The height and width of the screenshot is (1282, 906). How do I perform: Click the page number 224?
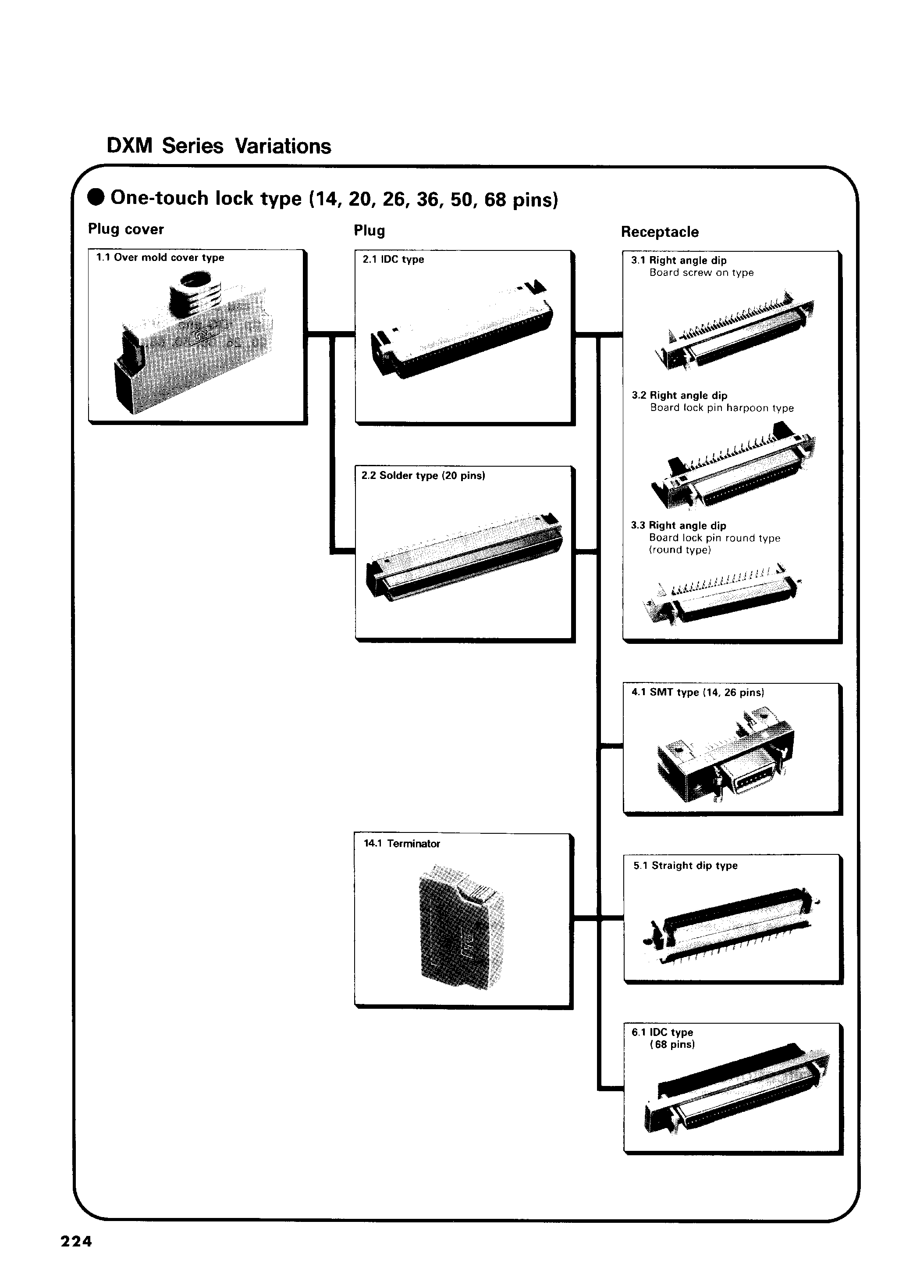(76, 1241)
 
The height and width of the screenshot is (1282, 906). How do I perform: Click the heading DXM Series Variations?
(219, 146)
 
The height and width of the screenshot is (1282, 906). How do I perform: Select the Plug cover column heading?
(126, 229)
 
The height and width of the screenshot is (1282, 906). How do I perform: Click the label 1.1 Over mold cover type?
(160, 257)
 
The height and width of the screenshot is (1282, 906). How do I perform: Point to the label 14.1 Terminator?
(401, 844)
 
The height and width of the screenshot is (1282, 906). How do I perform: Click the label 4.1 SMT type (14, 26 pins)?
(697, 693)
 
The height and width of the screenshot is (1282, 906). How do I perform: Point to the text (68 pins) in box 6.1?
(672, 1044)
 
